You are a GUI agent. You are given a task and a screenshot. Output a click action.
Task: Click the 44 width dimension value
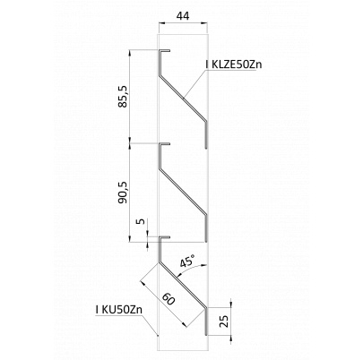click(183, 16)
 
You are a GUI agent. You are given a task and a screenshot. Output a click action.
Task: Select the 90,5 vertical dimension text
click(122, 193)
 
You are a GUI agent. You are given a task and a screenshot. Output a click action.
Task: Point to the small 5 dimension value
click(143, 221)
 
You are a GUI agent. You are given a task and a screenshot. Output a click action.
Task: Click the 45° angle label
click(187, 261)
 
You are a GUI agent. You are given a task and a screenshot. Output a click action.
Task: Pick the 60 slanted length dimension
click(169, 299)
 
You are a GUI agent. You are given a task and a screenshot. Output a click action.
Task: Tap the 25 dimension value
click(225, 321)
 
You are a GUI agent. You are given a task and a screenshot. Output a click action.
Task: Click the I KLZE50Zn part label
click(234, 64)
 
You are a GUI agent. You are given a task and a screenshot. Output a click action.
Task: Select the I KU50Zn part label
click(119, 310)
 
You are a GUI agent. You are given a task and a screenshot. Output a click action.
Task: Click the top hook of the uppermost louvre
click(164, 51)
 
